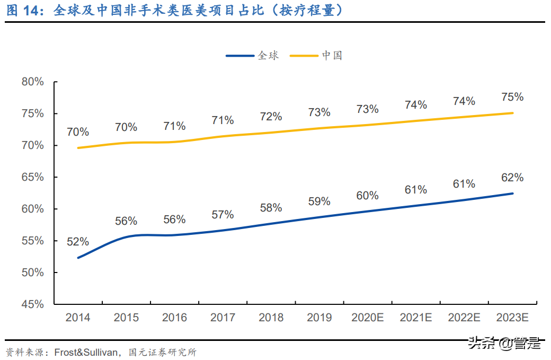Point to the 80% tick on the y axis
pos(33,82)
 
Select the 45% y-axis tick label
pos(33,304)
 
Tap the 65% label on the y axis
pos(33,177)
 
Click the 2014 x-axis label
pos(77,318)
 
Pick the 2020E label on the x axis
pos(367,318)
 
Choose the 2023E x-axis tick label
pos(512,318)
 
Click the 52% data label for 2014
pos(78,242)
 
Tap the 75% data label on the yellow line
pos(512,97)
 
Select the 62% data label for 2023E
pos(512,177)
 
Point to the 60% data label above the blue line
pos(367,196)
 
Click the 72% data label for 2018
pos(271,117)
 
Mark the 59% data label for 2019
pos(319,201)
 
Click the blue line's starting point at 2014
pos(78,258)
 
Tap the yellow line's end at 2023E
pos(512,113)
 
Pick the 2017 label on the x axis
pos(223,318)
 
